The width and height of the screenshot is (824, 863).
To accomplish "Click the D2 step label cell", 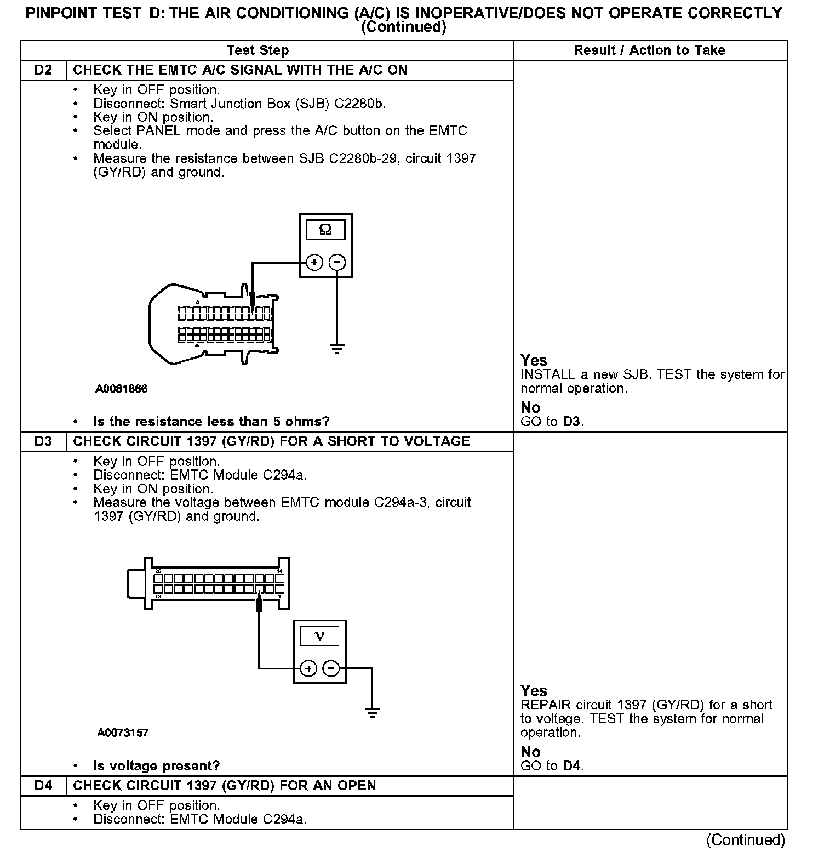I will pos(43,70).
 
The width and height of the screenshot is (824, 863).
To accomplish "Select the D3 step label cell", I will pos(43,441).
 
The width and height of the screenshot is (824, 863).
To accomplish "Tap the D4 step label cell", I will pos(43,786).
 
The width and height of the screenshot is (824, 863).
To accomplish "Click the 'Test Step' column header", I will pos(257,50).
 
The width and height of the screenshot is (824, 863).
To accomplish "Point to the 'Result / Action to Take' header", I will pos(649,50).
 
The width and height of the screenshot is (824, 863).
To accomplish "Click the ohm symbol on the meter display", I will pos(325,230).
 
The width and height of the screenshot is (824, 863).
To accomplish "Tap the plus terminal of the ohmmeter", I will pos(314,263).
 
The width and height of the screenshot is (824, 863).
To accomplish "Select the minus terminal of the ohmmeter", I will pos(337,263).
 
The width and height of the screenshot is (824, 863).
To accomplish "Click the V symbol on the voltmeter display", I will pos(319,636).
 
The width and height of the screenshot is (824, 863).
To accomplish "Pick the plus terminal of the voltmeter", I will pos(308,668).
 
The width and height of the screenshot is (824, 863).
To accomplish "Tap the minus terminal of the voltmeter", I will pos(331,668).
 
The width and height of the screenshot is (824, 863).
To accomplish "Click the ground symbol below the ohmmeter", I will pos(337,348).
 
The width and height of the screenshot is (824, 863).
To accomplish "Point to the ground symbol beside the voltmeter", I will pos(372,713).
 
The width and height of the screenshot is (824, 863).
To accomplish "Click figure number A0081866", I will pos(122,389).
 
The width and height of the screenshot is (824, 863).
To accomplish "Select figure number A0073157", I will pos(123,733).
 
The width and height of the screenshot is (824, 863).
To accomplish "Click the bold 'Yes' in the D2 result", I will pos(534,360).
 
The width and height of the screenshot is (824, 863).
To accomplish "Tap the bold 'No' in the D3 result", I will pos(530,752).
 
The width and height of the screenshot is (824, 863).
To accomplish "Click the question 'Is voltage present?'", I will pos(156,766).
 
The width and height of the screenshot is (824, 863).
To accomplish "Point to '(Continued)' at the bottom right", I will pos(745,840).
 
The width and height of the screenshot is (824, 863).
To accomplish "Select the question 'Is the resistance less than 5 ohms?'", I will pos(211,422).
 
